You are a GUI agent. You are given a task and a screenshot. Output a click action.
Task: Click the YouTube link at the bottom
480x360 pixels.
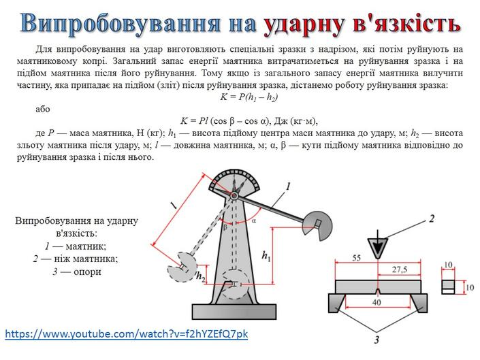pos(127,333)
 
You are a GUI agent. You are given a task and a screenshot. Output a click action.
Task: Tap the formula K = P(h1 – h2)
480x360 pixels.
pos(249,97)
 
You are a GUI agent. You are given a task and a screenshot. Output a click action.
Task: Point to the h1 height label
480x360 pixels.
pos(266,256)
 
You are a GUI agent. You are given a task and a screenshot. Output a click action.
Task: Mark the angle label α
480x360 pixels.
pos(254,220)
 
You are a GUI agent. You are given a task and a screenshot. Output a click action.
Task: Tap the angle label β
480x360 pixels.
pos(225,227)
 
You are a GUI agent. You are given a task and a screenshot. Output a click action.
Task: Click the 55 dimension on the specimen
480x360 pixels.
pos(356,258)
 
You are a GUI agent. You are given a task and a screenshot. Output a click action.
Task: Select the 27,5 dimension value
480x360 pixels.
pos(400,269)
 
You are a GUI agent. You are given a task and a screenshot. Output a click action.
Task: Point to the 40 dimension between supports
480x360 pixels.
pos(377,302)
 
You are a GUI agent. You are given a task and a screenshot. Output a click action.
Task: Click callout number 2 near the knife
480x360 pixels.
pos(432,219)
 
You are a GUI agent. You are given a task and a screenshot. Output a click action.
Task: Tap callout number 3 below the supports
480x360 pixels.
pos(377,340)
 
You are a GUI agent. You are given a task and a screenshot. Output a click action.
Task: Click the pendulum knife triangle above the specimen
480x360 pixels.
pos(378,247)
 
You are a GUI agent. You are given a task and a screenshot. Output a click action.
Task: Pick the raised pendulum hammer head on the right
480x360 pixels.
pos(317,225)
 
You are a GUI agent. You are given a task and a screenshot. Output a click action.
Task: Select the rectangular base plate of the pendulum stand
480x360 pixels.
pos(234,312)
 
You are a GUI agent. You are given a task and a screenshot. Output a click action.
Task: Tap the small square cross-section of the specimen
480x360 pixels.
pos(448,287)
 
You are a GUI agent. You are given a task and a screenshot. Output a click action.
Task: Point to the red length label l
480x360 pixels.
pos(174,205)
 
